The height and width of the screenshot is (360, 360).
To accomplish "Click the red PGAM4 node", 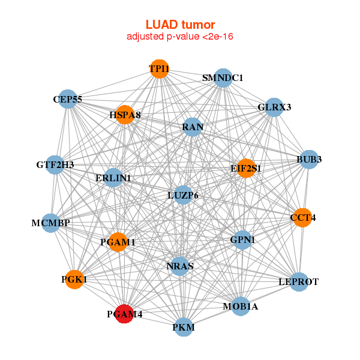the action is (124, 314).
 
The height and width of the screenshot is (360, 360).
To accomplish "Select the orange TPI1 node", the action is (160, 69).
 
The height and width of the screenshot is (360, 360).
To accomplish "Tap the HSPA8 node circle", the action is (125, 115).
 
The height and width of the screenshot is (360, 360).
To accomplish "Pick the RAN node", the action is (193, 127).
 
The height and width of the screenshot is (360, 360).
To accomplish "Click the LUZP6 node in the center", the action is (183, 195).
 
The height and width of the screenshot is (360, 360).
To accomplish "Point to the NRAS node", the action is (180, 266).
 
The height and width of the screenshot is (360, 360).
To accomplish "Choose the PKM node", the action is (184, 327).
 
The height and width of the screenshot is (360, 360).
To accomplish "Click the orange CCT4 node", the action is (303, 218).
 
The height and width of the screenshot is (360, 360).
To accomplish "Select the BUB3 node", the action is (309, 160).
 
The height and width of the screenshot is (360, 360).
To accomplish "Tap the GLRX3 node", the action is (274, 107).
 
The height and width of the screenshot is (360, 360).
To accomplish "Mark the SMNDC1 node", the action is (223, 78).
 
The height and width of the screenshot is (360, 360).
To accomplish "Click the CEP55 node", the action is (67, 99).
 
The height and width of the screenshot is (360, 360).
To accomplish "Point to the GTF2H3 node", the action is (55, 165).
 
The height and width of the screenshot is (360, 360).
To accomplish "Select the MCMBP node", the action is (51, 223).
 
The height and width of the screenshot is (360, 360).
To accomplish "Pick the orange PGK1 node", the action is (74, 280).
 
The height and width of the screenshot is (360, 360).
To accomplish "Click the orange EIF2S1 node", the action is (246, 168).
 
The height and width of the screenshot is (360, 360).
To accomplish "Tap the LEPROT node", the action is (299, 282).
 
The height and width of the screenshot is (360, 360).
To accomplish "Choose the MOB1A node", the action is (241, 306).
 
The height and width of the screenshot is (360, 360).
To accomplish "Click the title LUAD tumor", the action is (180, 25).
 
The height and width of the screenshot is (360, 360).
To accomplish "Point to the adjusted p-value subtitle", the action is (180, 37).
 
